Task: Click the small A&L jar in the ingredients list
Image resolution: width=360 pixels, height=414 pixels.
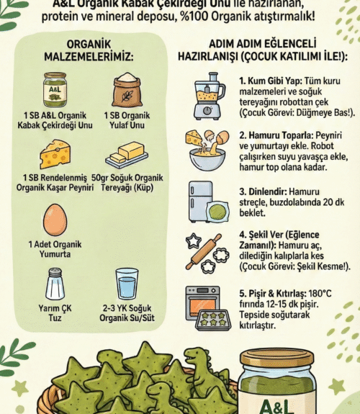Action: pos(55,90)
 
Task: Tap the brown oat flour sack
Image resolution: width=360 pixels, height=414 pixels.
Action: pos(127,89)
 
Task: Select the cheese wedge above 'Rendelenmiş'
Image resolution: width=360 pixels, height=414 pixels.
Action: pos(55,155)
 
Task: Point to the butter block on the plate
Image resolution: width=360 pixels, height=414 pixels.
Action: pos(131,151)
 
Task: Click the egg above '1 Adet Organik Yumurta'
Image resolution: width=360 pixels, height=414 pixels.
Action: pos(55,220)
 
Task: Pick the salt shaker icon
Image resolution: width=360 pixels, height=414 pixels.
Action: pos(55,284)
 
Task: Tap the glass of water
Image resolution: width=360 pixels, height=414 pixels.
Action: pos(127,284)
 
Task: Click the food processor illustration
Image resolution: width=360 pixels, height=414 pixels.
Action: pos(210,96)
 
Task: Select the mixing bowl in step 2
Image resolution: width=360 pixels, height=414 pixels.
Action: pos(207,159)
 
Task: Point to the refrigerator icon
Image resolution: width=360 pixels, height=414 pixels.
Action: pos(200,202)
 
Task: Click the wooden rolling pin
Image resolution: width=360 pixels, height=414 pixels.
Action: pos(204,251)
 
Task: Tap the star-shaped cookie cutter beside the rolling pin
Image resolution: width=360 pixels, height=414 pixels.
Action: pos(194,240)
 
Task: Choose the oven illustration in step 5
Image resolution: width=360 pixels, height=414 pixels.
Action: pos(202,303)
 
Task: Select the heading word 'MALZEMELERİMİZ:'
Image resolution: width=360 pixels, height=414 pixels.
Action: pos(89,57)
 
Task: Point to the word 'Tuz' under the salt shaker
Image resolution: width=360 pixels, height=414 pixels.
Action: pos(55,318)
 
